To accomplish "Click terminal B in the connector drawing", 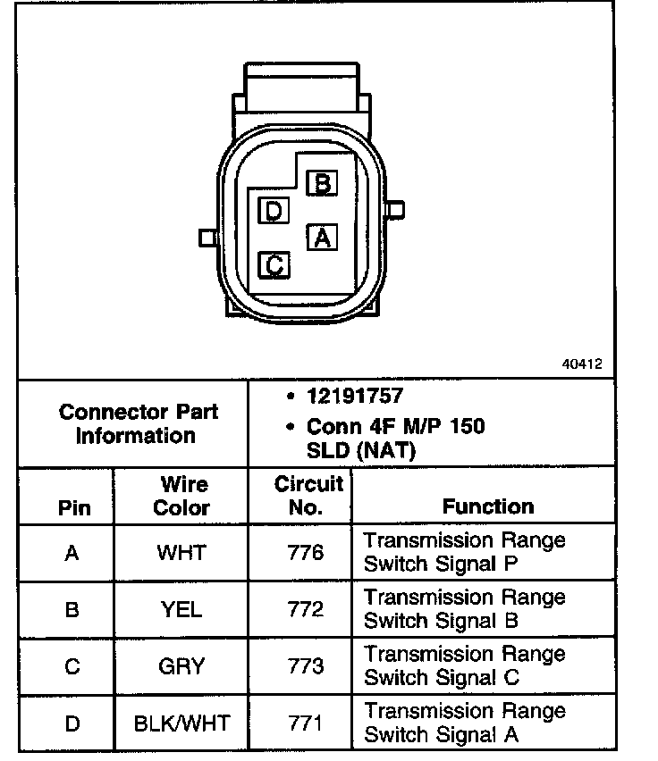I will (x=322, y=183).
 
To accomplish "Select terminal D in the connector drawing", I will (x=274, y=211).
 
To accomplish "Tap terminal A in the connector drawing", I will (x=322, y=238).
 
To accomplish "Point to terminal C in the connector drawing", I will (x=274, y=264).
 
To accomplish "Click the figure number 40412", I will (x=581, y=364).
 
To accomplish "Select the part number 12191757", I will (x=355, y=397).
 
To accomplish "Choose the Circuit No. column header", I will (x=308, y=496).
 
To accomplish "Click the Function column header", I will (x=487, y=506).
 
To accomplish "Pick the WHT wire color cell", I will (x=181, y=553).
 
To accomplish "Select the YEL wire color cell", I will (x=181, y=610).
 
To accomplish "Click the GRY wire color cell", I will (x=181, y=666).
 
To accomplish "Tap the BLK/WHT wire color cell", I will (x=181, y=723).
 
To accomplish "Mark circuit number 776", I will (x=306, y=553).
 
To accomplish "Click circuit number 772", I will (x=306, y=610).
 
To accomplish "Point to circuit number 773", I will (x=306, y=666).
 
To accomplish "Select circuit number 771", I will (x=306, y=723).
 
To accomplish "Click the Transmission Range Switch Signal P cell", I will (x=465, y=552).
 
